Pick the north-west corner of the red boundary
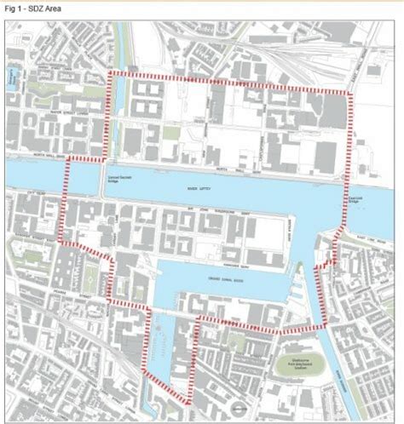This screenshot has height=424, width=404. tap(109, 75)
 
